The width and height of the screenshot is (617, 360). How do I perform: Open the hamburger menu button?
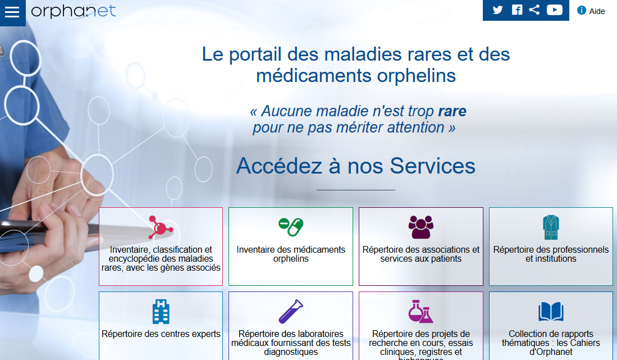tap(12, 12)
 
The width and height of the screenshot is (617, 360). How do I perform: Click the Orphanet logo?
tap(74, 11)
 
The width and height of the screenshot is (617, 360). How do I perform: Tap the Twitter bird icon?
tap(497, 10)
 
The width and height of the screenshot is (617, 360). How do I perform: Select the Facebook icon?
tap(517, 10)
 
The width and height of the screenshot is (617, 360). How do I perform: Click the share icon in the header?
tap(534, 10)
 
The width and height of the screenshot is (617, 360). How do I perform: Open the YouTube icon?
tap(554, 10)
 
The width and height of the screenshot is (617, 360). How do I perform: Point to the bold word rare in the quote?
tap(452, 111)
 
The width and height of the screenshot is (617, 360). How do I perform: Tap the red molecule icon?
tap(161, 227)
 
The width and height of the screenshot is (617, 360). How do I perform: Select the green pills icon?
tap(291, 227)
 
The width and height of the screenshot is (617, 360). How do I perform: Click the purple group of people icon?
tap(421, 227)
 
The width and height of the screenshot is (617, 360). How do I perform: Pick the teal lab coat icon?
tap(551, 227)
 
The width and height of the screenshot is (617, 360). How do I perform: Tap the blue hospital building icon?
tap(161, 312)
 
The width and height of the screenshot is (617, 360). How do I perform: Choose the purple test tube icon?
tap(291, 312)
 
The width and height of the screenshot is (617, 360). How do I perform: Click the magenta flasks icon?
tap(421, 311)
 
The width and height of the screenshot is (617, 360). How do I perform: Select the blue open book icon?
tap(551, 312)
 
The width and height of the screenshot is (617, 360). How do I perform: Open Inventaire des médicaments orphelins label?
tap(291, 254)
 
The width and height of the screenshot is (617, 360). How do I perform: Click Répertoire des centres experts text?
tap(161, 334)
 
